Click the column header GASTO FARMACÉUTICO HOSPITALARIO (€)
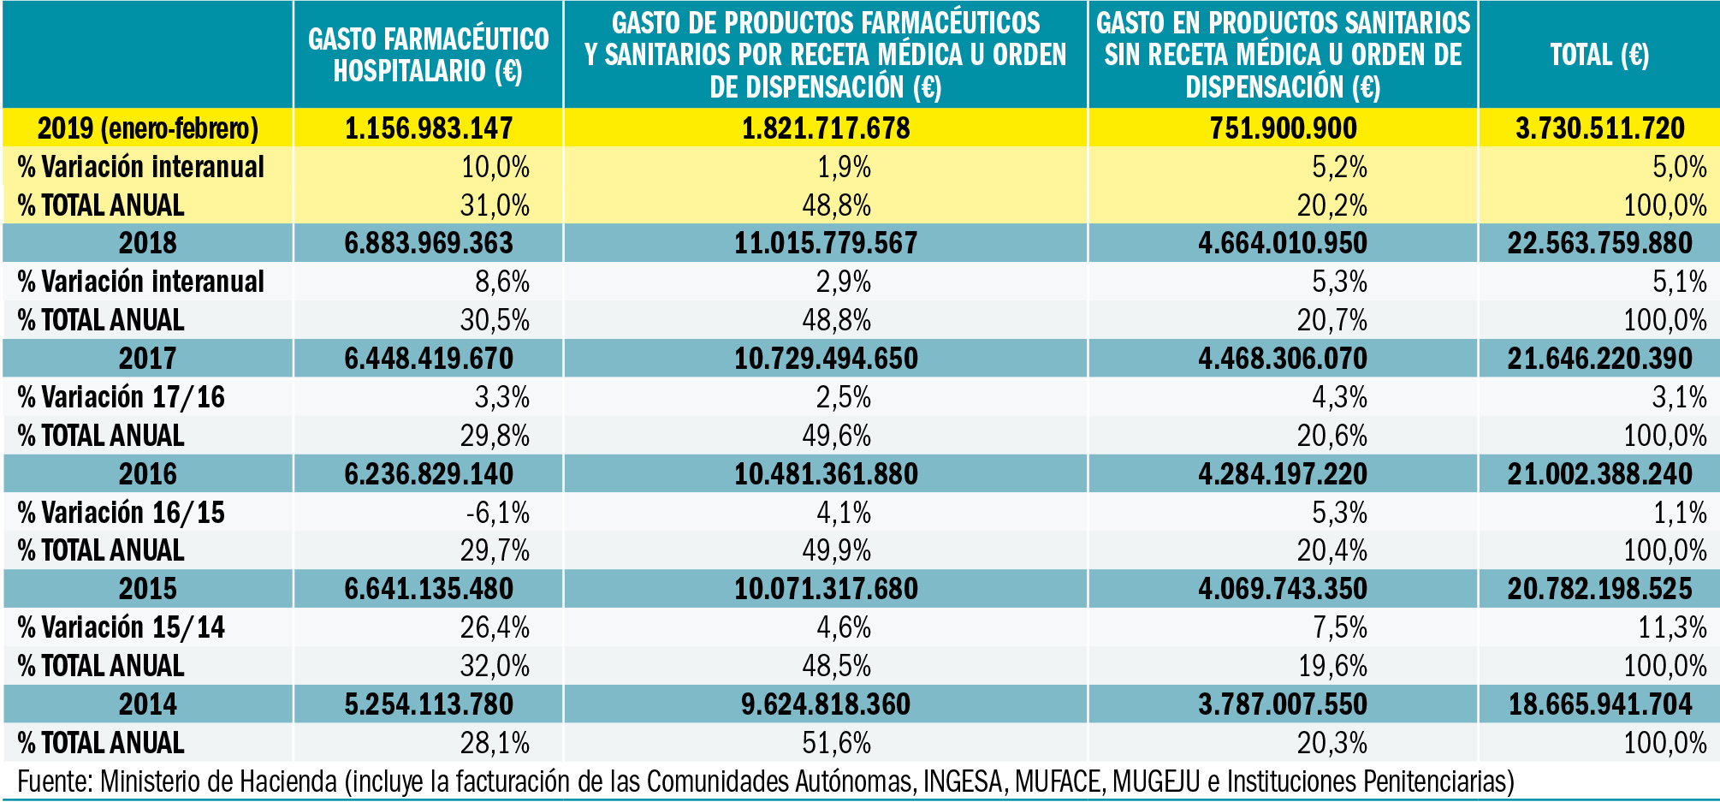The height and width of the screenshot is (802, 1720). click(x=428, y=55)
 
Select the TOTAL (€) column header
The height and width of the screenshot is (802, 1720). click(x=1598, y=55)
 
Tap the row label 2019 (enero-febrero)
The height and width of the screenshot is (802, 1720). click(x=147, y=128)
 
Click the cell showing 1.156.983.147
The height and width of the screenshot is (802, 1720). click(x=428, y=128)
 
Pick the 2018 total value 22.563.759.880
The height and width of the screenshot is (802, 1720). click(x=1598, y=243)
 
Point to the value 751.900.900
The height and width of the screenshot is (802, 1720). click(x=1282, y=128)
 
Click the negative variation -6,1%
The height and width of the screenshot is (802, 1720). click(x=497, y=513)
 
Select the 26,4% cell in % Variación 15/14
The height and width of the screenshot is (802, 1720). click(x=495, y=627)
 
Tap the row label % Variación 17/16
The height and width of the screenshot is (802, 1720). click(x=121, y=397)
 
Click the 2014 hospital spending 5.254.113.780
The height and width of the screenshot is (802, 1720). click(x=428, y=704)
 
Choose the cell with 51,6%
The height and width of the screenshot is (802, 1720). click(x=836, y=743)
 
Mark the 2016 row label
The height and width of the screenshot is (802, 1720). click(x=147, y=474)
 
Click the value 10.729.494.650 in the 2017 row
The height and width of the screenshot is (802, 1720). click(x=826, y=359)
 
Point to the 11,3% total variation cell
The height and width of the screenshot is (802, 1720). click(x=1672, y=627)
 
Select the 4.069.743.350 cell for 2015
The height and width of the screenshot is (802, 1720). click(x=1282, y=589)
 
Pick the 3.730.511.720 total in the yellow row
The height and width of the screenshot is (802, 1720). click(x=1598, y=128)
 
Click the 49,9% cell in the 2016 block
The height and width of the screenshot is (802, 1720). click(x=836, y=550)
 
